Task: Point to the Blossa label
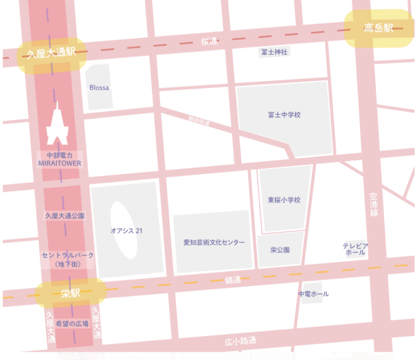(x=99, y=88)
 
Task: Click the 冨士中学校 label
(x=284, y=115)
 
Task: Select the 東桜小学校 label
(x=284, y=200)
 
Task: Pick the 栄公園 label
(x=280, y=250)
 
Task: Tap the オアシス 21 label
(x=126, y=230)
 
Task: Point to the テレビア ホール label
(x=355, y=249)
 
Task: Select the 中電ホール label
(x=313, y=294)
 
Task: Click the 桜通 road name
(x=208, y=42)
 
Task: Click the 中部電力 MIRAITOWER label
(x=59, y=159)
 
